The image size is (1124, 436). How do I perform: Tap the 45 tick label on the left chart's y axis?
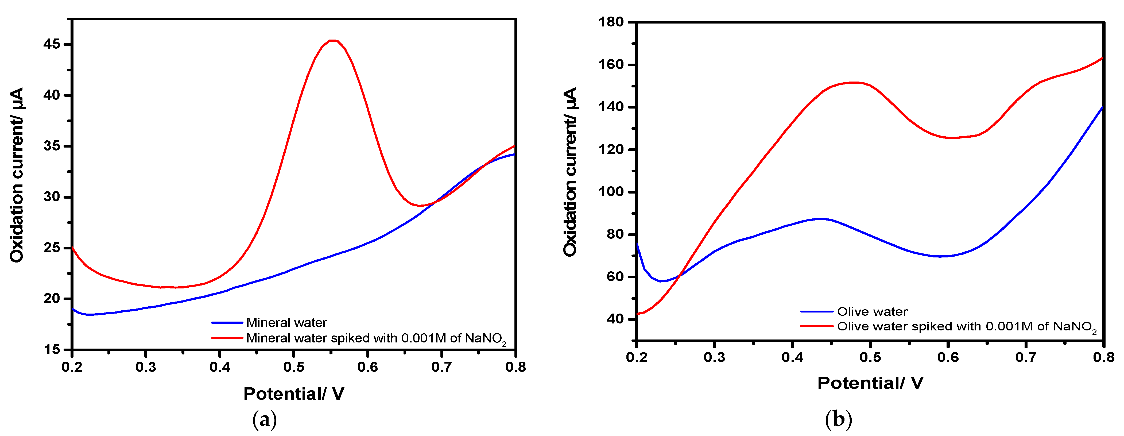(52, 45)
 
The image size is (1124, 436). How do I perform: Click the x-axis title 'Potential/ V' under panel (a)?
(294, 394)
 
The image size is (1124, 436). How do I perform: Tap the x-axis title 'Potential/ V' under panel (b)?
(870, 383)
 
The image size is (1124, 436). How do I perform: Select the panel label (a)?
(264, 420)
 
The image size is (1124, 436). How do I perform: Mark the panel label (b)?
(838, 420)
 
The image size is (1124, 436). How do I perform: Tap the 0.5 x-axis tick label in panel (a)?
(294, 367)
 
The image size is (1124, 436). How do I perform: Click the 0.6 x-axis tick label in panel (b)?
(948, 357)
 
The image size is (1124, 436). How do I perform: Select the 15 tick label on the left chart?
(52, 350)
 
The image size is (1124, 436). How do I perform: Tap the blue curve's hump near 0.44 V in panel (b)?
(821, 219)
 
